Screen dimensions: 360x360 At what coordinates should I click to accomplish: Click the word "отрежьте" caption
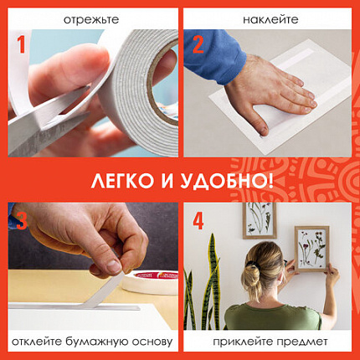[90, 17]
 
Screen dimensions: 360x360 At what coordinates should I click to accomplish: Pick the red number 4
[199, 223]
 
